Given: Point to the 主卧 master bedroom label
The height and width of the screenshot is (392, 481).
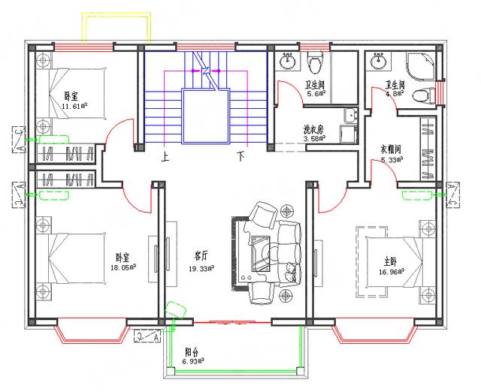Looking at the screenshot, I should (x=390, y=262).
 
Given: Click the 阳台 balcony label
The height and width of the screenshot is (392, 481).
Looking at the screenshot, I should (x=192, y=351).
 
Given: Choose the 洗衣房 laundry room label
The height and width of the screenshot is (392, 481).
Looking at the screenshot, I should (x=313, y=128).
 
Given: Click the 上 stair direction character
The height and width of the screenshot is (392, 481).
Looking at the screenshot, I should (x=165, y=158).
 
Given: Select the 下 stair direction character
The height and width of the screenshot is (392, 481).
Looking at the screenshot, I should (x=241, y=158).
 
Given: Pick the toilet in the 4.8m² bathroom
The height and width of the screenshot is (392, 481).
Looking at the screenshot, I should (x=423, y=95).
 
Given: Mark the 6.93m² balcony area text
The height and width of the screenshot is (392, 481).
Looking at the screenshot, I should (x=195, y=361).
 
